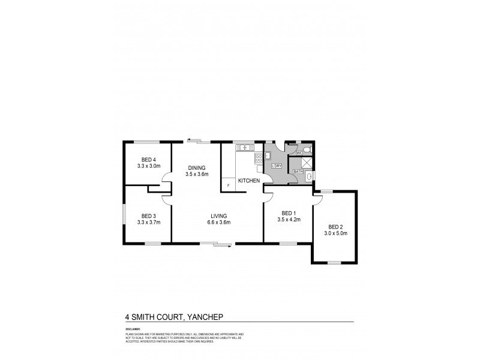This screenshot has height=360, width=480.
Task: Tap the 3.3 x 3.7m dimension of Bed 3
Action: point(149,222)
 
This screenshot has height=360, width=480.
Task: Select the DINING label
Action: point(197,167)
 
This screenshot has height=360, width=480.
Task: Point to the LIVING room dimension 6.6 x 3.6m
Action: point(220,222)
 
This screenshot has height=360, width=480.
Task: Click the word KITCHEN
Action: point(248,181)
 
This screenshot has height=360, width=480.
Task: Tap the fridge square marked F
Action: point(228,185)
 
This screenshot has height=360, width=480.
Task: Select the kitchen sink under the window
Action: point(245,147)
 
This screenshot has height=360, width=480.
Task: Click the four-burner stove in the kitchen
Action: point(259,158)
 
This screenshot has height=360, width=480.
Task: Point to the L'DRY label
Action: point(277,166)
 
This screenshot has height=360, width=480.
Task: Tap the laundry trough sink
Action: point(268,154)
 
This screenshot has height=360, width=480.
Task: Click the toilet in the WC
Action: point(306,150)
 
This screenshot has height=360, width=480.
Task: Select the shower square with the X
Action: point(306,162)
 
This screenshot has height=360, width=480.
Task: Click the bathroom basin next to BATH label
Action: point(309,175)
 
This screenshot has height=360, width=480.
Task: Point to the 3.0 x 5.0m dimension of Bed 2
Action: point(336,233)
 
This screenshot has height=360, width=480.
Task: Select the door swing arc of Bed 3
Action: point(167,198)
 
